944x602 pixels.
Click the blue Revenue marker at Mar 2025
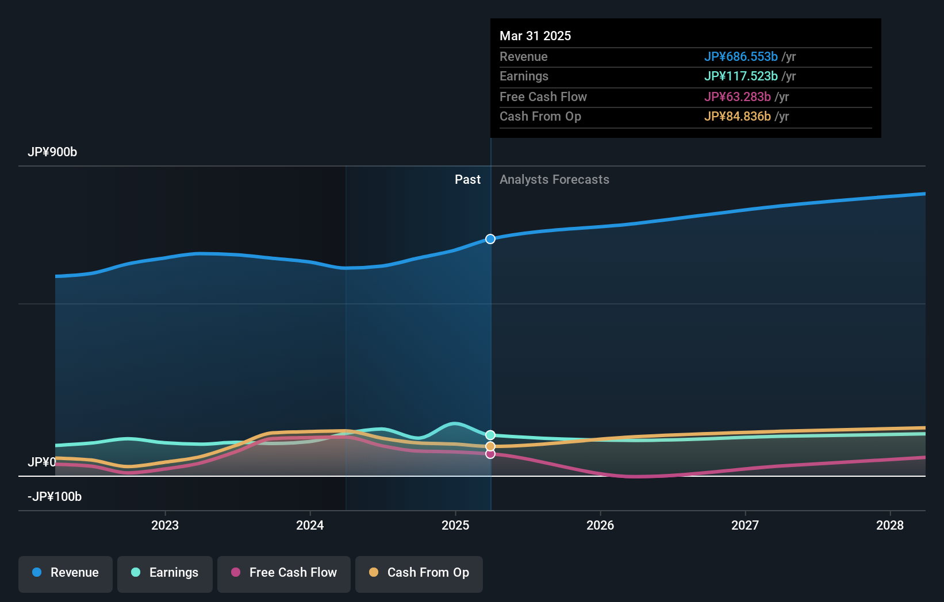(490, 239)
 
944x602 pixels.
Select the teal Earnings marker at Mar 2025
(490, 435)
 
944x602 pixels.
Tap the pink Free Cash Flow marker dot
(490, 454)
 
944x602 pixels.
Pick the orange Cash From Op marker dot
(490, 446)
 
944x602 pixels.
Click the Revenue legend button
(66, 573)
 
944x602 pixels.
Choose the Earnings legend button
(165, 573)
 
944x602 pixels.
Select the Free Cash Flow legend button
(284, 573)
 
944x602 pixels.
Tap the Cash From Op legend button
(419, 573)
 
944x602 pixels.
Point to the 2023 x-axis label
(165, 525)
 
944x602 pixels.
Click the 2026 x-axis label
(600, 525)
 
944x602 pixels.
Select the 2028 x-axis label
(890, 525)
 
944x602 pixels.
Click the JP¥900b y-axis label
(52, 152)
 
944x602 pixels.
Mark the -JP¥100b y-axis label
(55, 497)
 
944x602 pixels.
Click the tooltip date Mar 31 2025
(535, 36)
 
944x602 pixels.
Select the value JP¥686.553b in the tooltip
(741, 57)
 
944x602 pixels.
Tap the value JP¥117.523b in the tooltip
(741, 76)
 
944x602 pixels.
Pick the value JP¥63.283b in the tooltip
(738, 97)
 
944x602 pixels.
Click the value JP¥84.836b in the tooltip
(738, 117)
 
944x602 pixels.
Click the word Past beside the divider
(467, 180)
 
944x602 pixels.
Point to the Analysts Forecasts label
(554, 180)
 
